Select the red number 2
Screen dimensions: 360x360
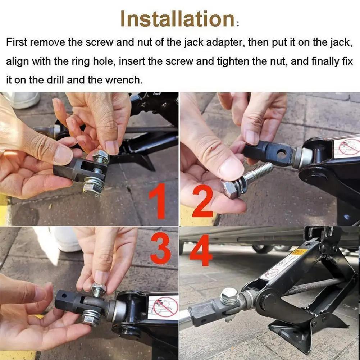202,201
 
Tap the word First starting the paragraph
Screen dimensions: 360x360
17,42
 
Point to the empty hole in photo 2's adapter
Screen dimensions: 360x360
281,154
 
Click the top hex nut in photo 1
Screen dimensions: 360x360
101,156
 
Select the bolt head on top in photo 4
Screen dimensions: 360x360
229,296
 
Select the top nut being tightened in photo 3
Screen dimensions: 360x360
97,289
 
